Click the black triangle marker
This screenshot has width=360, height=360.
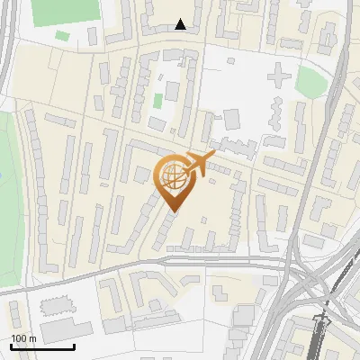[x=181, y=24]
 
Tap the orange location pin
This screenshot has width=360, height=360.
[x=173, y=181]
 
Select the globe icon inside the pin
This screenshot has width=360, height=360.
[x=173, y=175]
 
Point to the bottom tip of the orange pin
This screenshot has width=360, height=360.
[x=173, y=211]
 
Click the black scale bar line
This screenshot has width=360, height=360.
[x=42, y=346]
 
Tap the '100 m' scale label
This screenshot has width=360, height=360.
[x=23, y=338]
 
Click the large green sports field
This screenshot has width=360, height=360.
[x=65, y=11]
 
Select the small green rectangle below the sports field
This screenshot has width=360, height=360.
[x=61, y=36]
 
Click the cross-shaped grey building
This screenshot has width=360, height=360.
[x=278, y=78]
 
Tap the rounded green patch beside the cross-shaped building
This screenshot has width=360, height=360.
[x=311, y=81]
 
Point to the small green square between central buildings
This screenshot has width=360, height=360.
[x=157, y=99]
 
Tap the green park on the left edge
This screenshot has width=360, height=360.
[x=7, y=198]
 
